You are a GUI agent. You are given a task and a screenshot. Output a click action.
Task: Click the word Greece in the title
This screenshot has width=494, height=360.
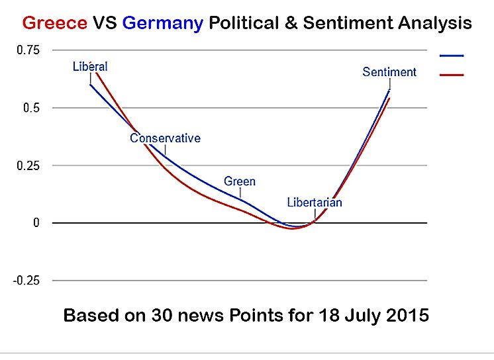pyautogui.click(x=54, y=23)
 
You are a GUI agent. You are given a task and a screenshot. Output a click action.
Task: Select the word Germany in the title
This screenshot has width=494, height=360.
pyautogui.click(x=163, y=23)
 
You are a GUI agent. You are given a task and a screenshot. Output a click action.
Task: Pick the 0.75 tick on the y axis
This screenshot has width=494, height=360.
pyautogui.click(x=27, y=50)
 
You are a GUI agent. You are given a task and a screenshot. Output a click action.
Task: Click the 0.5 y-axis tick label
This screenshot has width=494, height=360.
pyautogui.click(x=31, y=108)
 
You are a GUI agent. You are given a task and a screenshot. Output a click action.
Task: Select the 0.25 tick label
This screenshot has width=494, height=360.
pyautogui.click(x=27, y=165)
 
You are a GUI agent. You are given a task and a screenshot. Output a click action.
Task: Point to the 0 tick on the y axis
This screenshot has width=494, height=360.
pyautogui.click(x=36, y=223)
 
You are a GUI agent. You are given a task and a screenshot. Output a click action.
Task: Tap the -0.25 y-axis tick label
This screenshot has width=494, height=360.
pyautogui.click(x=26, y=281)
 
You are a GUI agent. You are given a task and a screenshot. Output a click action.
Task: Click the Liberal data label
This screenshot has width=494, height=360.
pyautogui.click(x=90, y=66)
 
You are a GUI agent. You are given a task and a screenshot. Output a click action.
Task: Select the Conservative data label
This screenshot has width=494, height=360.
pyautogui.click(x=165, y=138)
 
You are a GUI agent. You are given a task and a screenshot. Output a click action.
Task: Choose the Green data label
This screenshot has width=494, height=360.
pyautogui.click(x=240, y=181)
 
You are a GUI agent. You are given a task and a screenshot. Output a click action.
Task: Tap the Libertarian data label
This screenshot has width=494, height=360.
pyautogui.click(x=315, y=202)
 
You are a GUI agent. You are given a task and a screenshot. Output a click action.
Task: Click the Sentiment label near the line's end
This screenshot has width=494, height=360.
pyautogui.click(x=389, y=72)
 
